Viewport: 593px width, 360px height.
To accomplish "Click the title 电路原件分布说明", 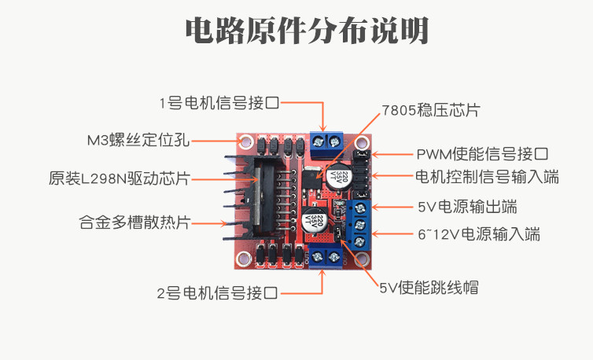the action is pos(307,31).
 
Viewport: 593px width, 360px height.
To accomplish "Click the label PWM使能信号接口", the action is pos(481,154).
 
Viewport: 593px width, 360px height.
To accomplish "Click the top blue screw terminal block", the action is pos(326,141).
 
